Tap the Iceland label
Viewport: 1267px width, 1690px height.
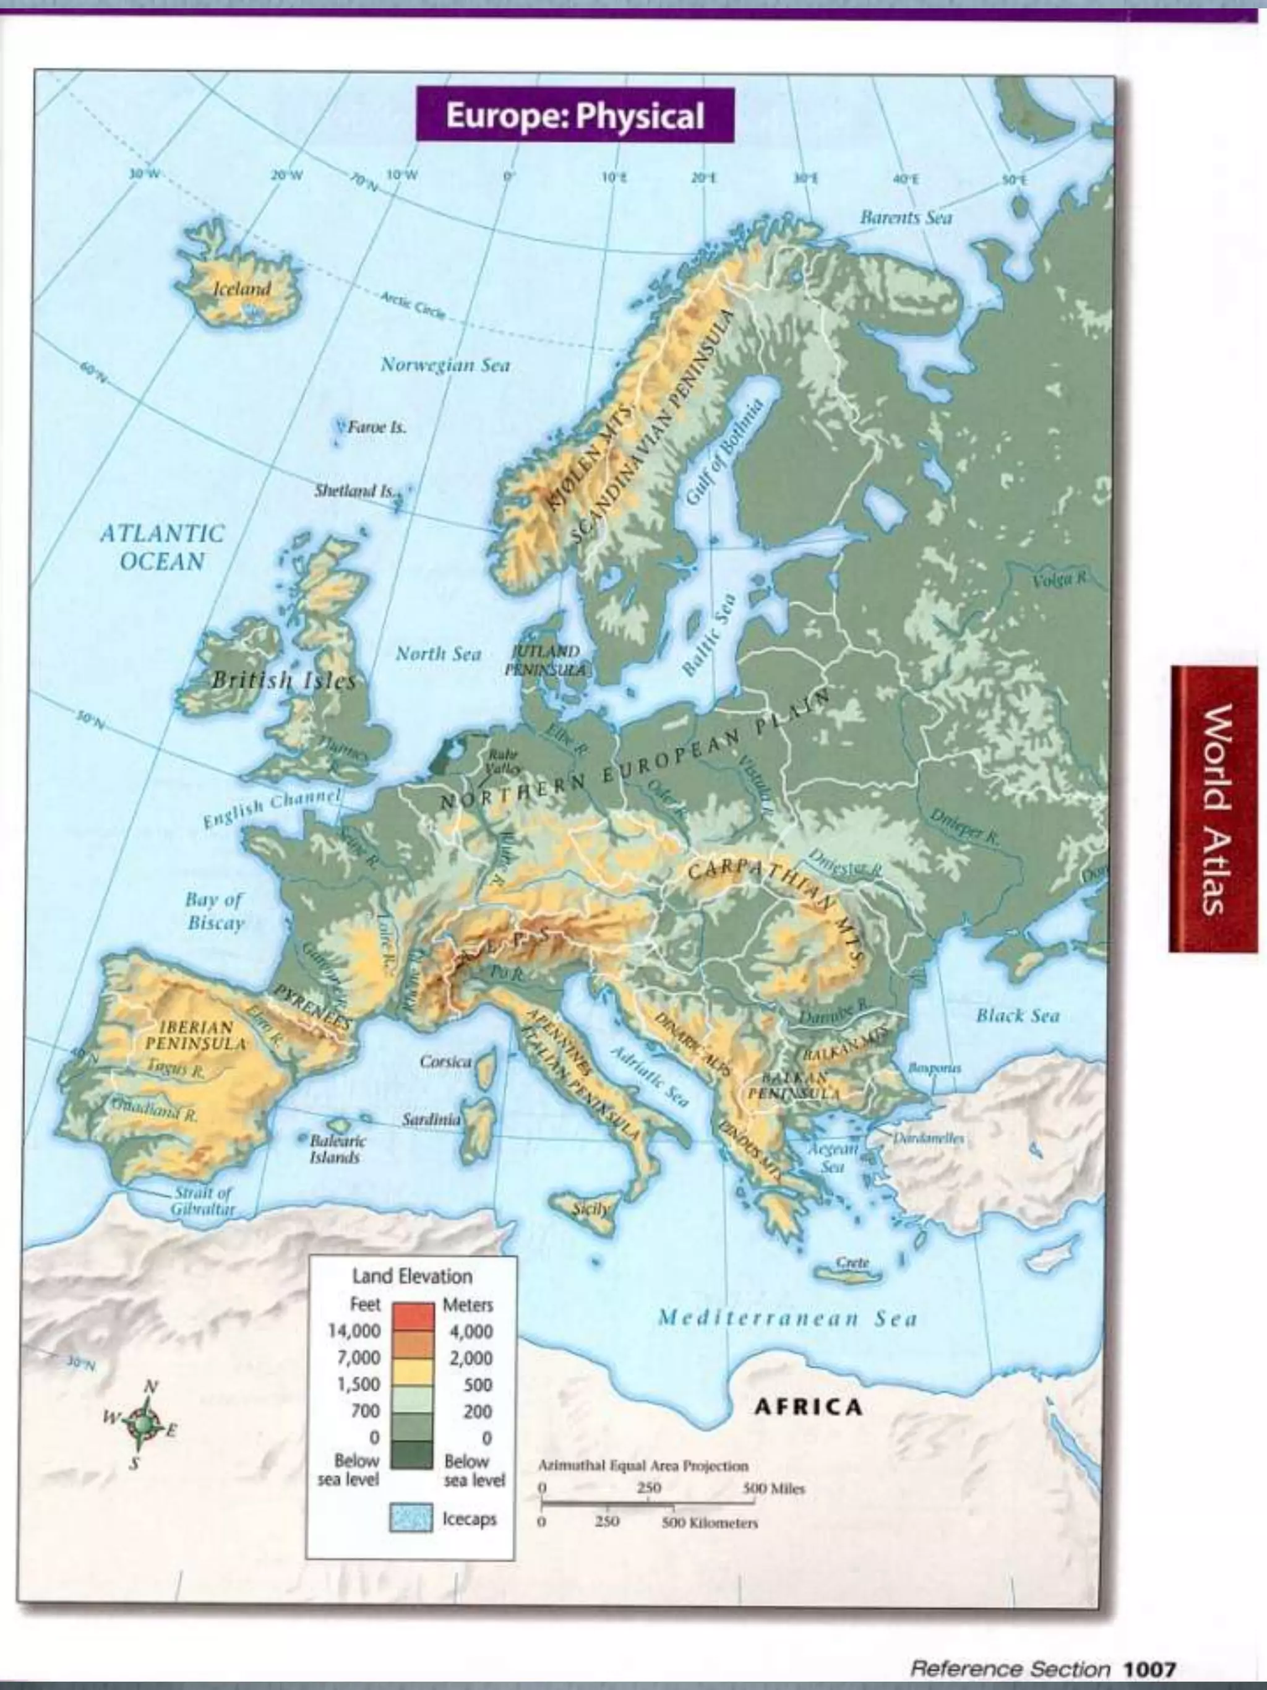pyautogui.click(x=241, y=289)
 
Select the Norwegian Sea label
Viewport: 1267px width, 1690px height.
pyautogui.click(x=445, y=365)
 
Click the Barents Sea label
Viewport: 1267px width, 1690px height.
pyautogui.click(x=906, y=218)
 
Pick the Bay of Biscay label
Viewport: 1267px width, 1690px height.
pyautogui.click(x=215, y=911)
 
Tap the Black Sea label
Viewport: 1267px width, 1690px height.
pyautogui.click(x=1017, y=1015)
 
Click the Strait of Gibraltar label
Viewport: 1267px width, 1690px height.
pyautogui.click(x=202, y=1201)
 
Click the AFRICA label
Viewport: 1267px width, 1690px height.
pyautogui.click(x=808, y=1407)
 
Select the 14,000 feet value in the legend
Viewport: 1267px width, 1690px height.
pyautogui.click(x=354, y=1331)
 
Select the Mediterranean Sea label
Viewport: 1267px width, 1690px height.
pyautogui.click(x=787, y=1318)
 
